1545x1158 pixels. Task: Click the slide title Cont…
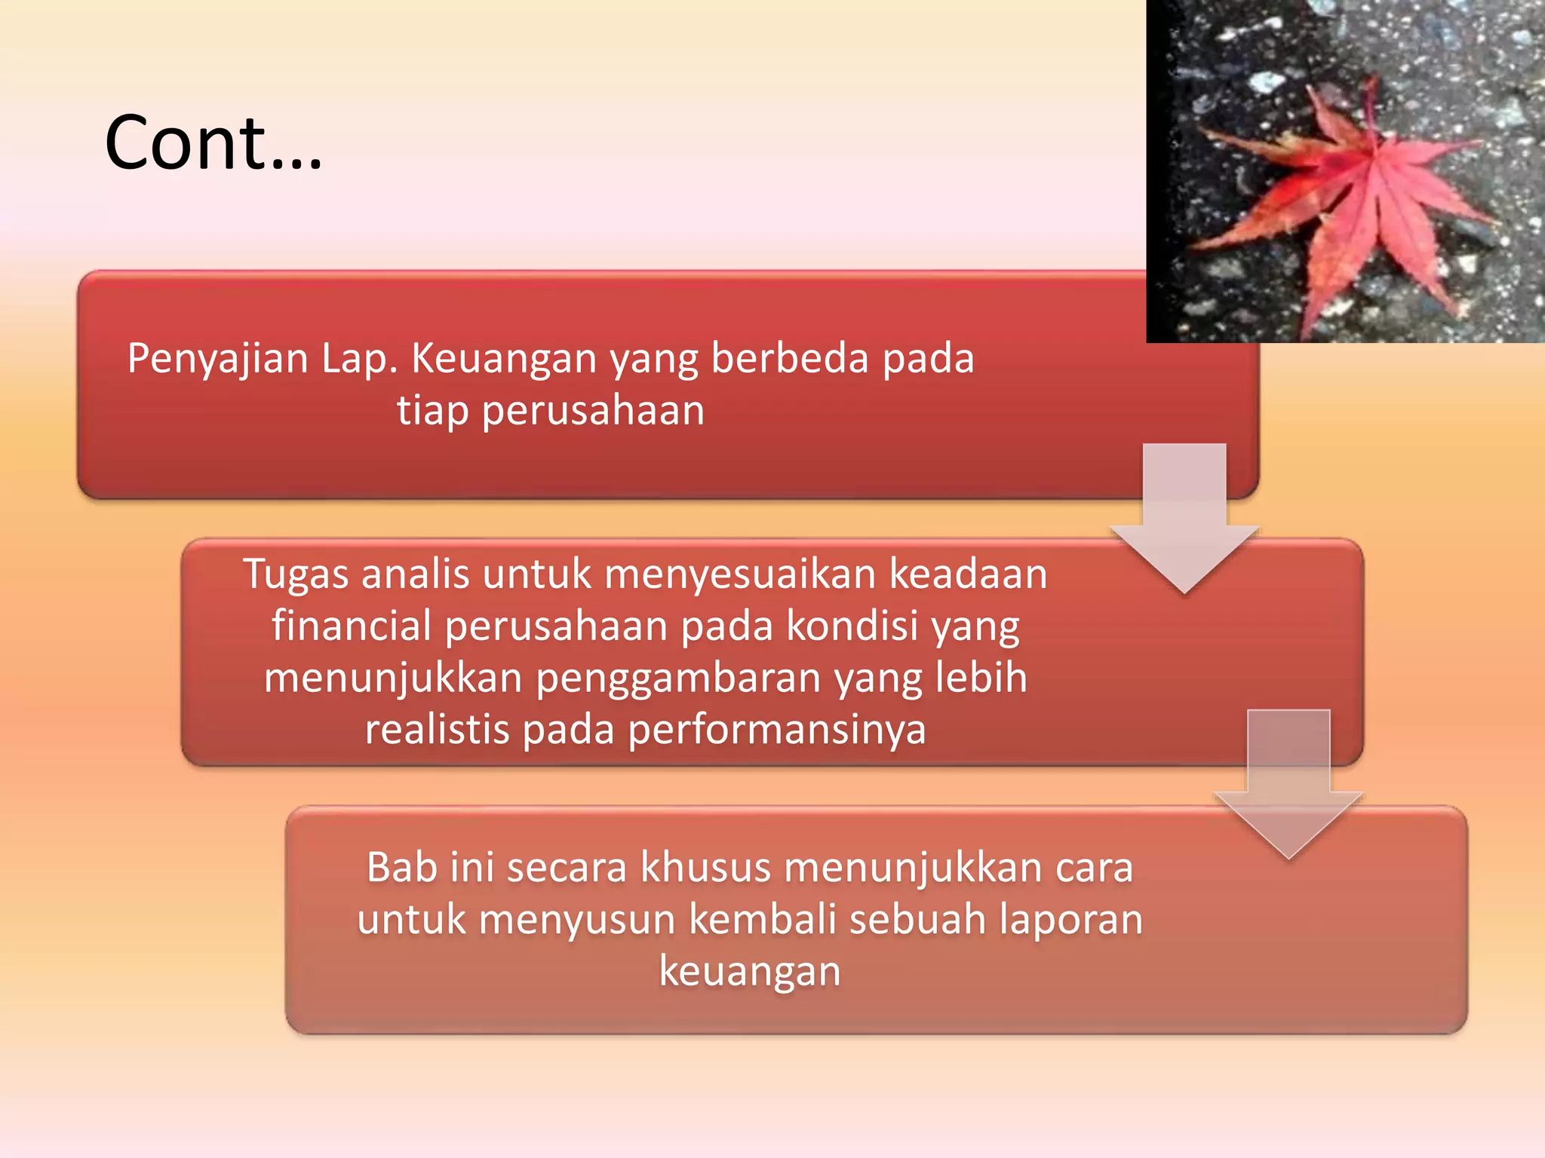(x=213, y=143)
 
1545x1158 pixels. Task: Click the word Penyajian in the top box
(x=217, y=359)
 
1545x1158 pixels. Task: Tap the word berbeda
(x=790, y=359)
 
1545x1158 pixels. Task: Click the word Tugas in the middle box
(x=295, y=575)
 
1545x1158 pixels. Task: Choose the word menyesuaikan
(x=739, y=574)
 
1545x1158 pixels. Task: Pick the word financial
(x=351, y=626)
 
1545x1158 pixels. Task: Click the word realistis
(x=437, y=730)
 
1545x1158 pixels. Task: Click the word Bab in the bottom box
(x=401, y=868)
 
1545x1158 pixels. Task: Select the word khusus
(x=705, y=868)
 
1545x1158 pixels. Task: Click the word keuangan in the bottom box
(x=749, y=971)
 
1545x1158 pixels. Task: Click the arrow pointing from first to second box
(x=1184, y=520)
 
